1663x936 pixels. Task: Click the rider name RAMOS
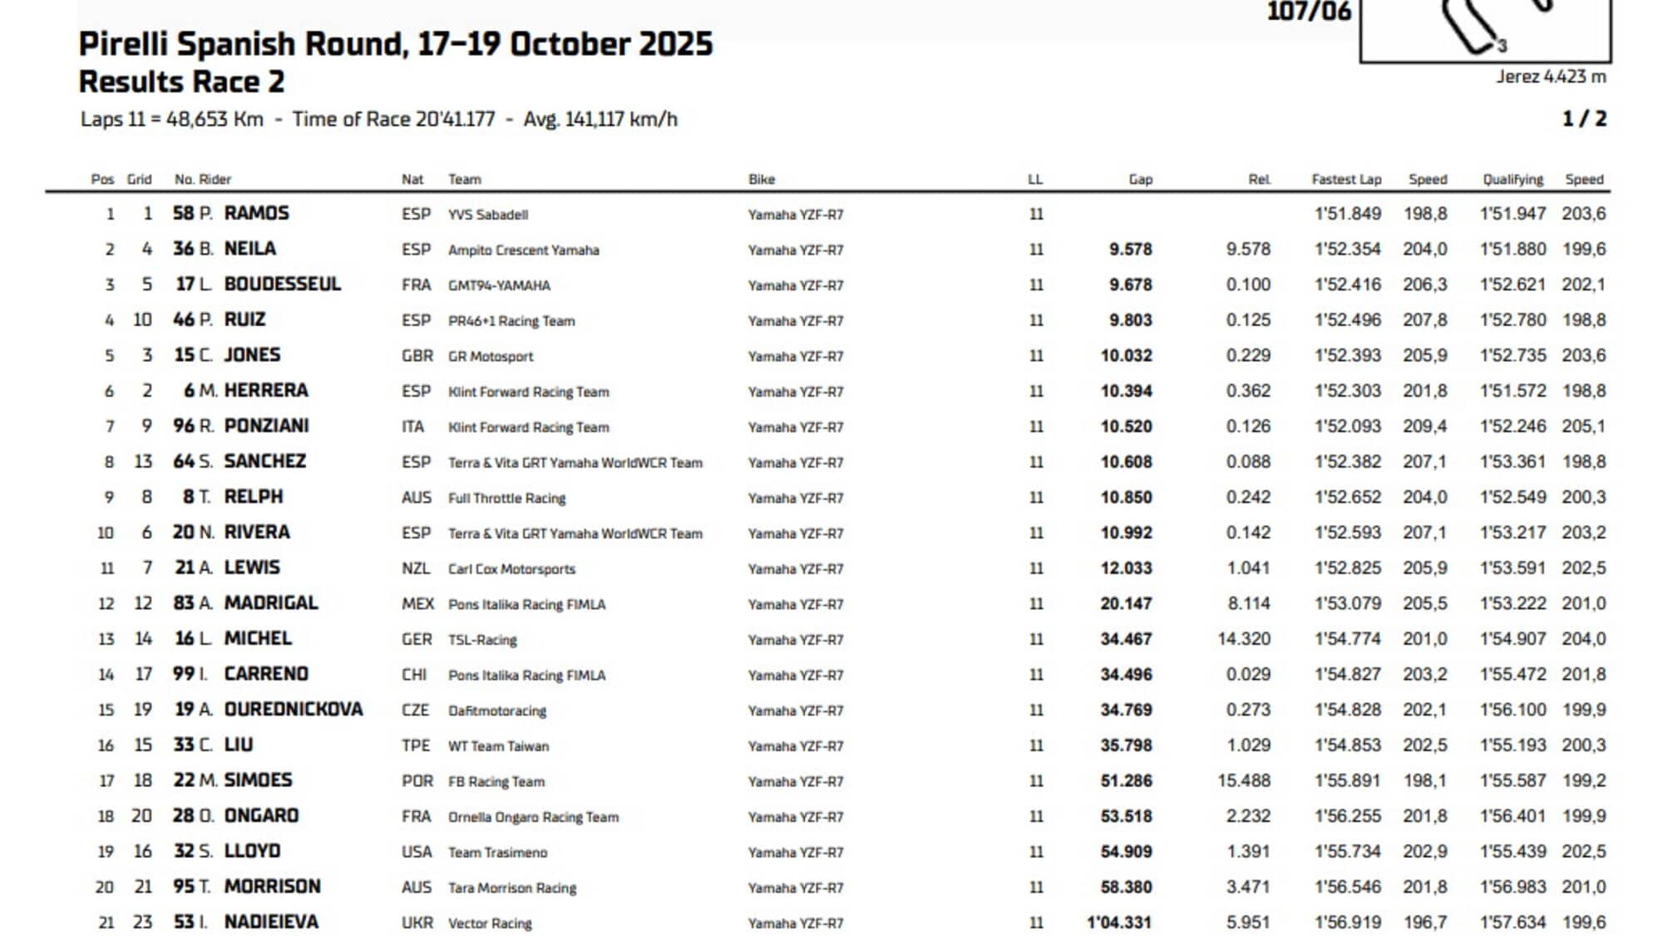click(256, 213)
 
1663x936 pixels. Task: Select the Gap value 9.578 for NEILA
click(1130, 249)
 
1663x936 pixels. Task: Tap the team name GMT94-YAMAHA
click(499, 285)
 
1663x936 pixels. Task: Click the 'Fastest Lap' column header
click(1346, 179)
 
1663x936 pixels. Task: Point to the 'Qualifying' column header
click(1512, 179)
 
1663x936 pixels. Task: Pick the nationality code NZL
click(416, 568)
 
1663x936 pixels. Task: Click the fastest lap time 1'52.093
click(1347, 426)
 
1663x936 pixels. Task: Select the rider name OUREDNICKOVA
click(294, 709)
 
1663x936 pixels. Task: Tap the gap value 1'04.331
click(1119, 922)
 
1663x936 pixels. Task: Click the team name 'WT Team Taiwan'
click(499, 746)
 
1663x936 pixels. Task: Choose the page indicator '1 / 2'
click(1584, 119)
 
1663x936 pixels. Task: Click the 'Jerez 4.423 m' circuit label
click(1551, 77)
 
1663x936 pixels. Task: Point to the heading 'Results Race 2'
click(181, 82)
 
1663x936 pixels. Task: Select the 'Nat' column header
click(412, 179)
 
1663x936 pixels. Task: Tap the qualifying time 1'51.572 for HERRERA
click(1512, 390)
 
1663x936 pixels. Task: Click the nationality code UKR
click(417, 923)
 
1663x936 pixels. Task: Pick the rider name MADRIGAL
click(271, 602)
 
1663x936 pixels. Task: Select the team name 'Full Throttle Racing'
click(506, 498)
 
